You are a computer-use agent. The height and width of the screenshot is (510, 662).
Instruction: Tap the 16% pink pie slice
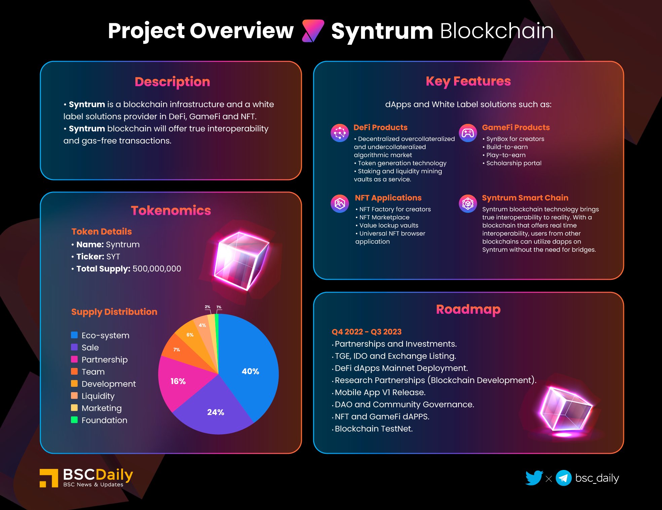point(180,380)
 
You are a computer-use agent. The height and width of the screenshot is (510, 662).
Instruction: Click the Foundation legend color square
point(74,420)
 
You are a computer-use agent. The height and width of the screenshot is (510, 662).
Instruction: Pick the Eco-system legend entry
point(100,335)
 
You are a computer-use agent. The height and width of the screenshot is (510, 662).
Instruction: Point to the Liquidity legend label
point(98,396)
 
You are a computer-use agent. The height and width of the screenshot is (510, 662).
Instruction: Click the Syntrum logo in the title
point(313,31)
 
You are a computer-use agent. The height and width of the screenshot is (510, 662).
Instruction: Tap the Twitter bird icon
point(534,478)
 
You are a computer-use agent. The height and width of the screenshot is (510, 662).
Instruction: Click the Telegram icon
point(564,478)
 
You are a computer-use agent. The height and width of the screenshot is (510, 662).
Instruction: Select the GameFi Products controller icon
point(468,133)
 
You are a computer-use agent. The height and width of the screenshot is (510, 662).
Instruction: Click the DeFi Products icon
point(340,133)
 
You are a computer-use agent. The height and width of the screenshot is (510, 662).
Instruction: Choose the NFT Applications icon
point(340,204)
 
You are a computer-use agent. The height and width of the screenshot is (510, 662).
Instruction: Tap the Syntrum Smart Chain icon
point(468,204)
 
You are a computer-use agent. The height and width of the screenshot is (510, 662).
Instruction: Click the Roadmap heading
point(468,309)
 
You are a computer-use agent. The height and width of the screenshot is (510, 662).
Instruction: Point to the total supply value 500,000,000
point(157,269)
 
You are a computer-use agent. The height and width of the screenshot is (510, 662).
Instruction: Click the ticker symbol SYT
point(113,257)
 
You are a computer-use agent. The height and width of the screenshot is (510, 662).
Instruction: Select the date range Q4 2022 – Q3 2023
point(367,332)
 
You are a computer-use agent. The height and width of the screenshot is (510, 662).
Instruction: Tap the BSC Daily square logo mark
point(49,478)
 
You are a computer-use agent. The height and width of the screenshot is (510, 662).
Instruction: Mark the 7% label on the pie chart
point(177,350)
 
